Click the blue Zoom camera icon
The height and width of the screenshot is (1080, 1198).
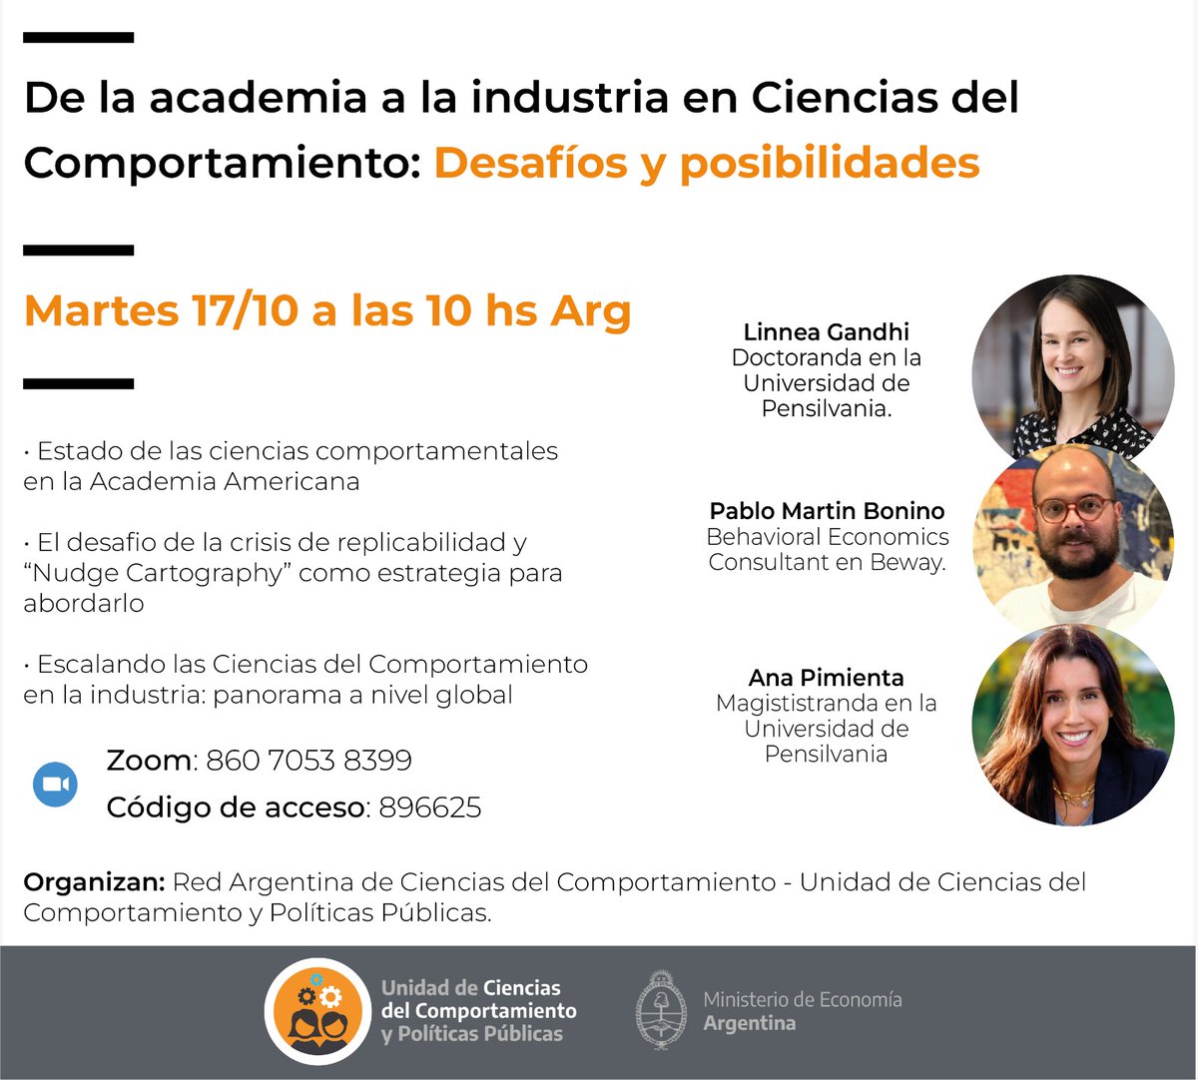click(56, 784)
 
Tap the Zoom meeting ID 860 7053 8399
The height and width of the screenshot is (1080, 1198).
click(308, 761)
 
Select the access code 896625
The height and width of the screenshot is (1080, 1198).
click(430, 807)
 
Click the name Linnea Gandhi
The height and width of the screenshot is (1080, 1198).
click(826, 332)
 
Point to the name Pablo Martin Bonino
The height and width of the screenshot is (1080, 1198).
click(827, 511)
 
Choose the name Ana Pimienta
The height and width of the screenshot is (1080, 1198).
click(826, 678)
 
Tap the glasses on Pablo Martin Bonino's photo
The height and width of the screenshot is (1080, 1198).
click(1073, 507)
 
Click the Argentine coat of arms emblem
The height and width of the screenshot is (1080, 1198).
click(661, 1010)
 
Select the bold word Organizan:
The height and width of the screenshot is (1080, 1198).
click(94, 882)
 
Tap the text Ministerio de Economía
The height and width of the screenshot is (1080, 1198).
click(802, 999)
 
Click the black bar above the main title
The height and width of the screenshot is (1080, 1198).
click(78, 38)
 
